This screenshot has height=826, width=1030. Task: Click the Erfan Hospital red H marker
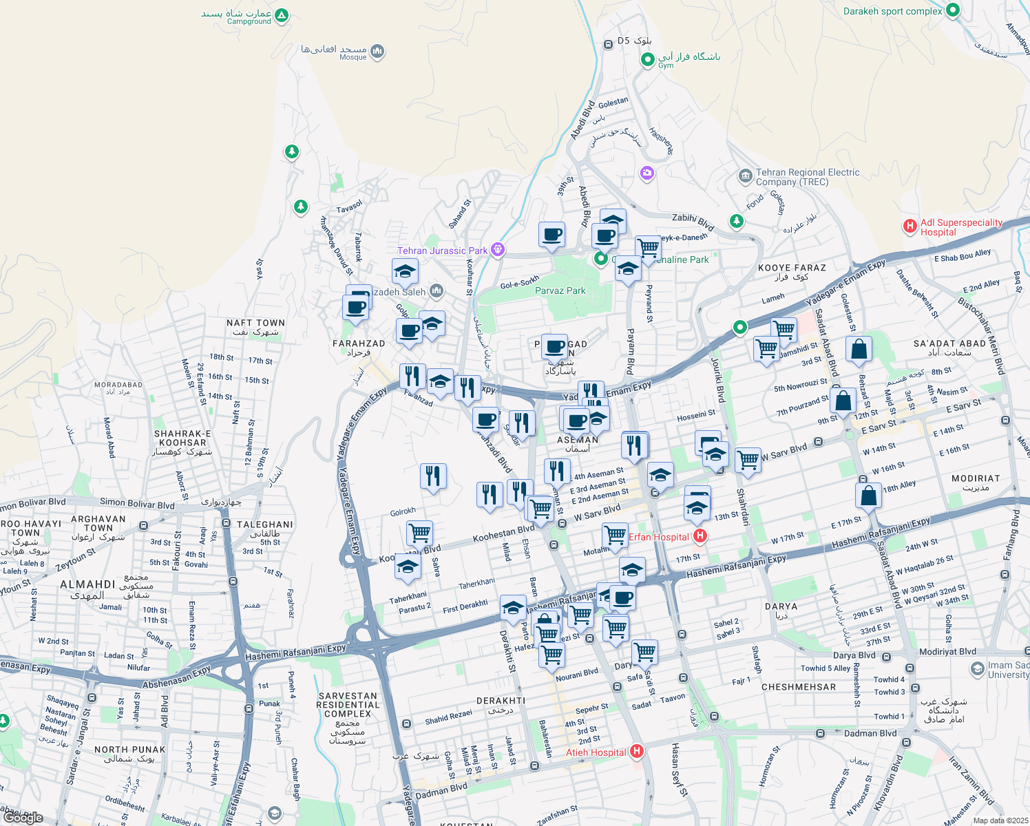700,536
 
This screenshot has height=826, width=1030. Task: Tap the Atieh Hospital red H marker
637,752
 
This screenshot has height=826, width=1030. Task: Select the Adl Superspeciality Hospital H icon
910,226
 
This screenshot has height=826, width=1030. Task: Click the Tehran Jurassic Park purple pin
498,250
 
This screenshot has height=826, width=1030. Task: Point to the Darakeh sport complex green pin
953,10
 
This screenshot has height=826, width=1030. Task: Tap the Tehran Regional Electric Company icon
745,176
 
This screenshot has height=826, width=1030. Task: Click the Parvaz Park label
560,290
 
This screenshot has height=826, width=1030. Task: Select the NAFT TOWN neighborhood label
255,323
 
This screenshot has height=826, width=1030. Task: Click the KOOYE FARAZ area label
792,268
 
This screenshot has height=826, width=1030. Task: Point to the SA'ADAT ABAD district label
949,343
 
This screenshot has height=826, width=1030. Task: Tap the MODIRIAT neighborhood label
975,478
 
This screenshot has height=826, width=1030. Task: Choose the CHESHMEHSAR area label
799,687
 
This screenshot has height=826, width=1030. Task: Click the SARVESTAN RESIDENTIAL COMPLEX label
348,705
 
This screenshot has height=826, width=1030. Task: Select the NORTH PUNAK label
129,750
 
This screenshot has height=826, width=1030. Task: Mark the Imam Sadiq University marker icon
977,668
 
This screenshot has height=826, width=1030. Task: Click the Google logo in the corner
23,818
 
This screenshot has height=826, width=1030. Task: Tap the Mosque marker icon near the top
377,52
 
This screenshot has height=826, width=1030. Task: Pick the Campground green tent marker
281,15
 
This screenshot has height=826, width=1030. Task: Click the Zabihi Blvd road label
693,221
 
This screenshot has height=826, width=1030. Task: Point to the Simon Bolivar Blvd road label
137,503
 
